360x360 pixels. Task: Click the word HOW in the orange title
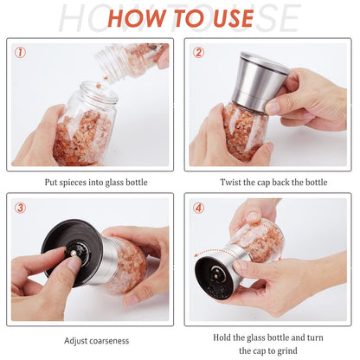click(x=137, y=18)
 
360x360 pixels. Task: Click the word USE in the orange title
click(x=227, y=18)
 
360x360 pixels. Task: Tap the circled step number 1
click(x=20, y=52)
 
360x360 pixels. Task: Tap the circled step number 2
click(x=199, y=52)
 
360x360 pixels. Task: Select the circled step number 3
click(x=20, y=208)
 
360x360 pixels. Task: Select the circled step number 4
click(x=199, y=208)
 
